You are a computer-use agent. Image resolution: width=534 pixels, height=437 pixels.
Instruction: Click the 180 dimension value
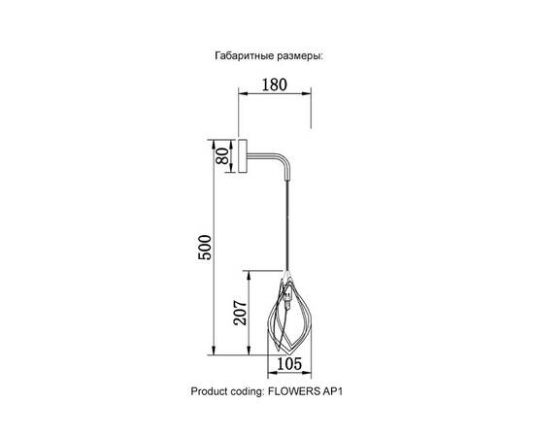tap(275, 84)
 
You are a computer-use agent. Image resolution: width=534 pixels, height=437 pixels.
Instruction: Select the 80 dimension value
tap(222, 156)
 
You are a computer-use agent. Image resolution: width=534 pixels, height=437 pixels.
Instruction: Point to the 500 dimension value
tap(205, 248)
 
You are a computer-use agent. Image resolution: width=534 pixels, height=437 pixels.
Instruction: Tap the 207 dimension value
tap(240, 313)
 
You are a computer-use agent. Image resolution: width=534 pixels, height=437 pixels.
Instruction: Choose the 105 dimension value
tap(289, 364)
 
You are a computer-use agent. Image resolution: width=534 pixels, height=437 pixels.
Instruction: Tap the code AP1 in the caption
tap(332, 391)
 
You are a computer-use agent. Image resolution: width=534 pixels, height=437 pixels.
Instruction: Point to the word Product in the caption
tap(208, 391)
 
